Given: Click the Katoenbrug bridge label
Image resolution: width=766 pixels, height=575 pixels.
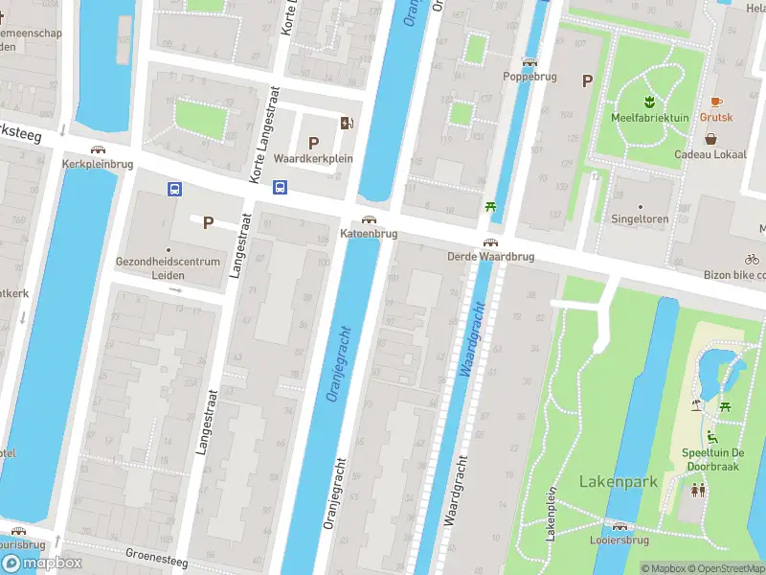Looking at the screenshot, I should point(369,234).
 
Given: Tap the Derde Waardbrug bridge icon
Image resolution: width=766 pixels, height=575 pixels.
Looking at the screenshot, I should point(490,242).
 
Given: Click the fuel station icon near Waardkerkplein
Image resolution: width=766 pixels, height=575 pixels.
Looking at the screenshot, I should point(346,122).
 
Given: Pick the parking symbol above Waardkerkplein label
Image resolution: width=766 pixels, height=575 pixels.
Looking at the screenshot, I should point(313,142).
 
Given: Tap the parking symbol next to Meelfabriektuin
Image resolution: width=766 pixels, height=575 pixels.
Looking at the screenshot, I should point(587,81).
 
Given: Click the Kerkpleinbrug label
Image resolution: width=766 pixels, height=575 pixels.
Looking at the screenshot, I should point(97,164).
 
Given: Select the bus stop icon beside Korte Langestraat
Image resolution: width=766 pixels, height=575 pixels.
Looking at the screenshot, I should point(281,187).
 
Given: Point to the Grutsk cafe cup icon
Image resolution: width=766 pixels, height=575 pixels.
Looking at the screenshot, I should point(715,102).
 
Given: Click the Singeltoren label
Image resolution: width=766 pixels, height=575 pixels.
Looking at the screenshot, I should point(641,218).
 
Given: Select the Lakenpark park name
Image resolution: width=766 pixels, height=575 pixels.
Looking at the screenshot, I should point(619,481).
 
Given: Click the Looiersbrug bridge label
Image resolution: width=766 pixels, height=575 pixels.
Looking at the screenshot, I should point(620,540).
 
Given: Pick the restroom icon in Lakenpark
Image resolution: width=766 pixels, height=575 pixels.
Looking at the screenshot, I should point(699,489).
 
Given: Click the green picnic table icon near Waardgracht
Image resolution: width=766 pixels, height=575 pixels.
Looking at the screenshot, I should point(491,205).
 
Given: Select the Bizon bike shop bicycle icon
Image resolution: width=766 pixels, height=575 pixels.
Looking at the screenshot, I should point(752,259).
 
